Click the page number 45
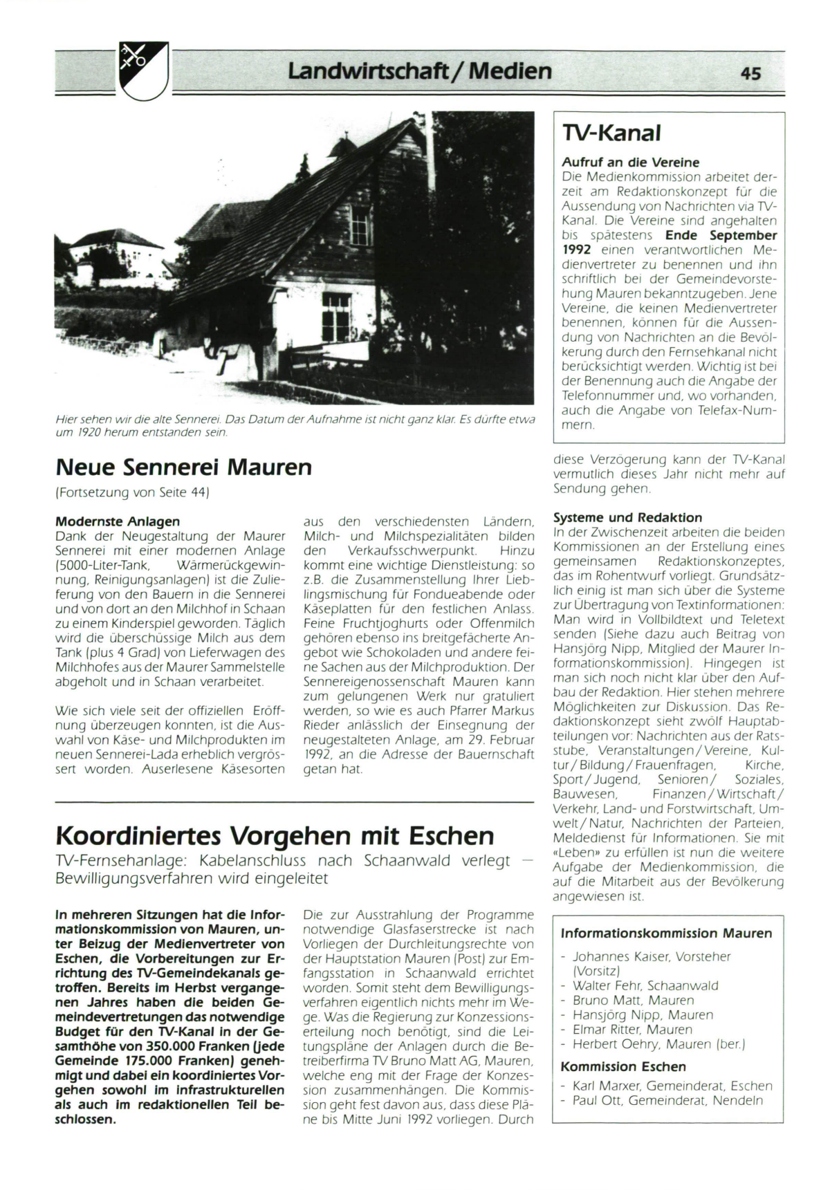click(750, 73)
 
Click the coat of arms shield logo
click(144, 71)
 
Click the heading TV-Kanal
click(611, 133)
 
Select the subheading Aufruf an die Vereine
click(630, 162)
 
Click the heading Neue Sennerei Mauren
click(183, 468)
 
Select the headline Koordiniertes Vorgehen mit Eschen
click(275, 836)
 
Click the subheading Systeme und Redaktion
click(627, 517)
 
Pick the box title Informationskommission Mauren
click(666, 933)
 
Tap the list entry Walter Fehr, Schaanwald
click(645, 986)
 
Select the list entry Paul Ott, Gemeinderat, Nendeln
click(667, 1100)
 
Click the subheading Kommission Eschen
click(623, 1067)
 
